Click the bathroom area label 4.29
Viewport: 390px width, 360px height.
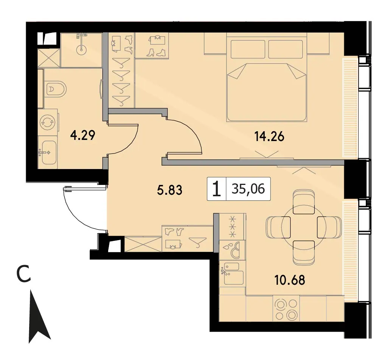click(x=82, y=136)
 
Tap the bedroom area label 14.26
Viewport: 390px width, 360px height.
click(x=269, y=137)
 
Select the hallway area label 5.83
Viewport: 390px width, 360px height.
click(x=169, y=191)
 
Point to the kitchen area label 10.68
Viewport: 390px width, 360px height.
click(x=290, y=280)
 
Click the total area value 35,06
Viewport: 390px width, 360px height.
click(x=248, y=189)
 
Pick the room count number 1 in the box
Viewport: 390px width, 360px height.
click(x=217, y=189)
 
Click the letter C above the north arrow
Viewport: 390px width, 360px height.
click(x=23, y=274)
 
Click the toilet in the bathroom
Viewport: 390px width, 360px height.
click(x=56, y=89)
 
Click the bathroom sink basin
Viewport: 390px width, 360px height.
click(x=49, y=152)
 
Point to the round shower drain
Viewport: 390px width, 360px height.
click(x=81, y=50)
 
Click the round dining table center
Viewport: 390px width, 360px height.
click(x=303, y=227)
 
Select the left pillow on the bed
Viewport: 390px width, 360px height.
click(x=248, y=49)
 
